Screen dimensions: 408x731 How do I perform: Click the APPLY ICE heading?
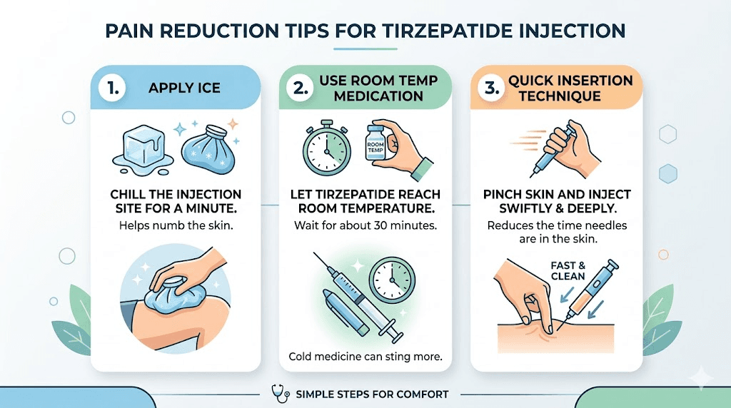tap(183, 88)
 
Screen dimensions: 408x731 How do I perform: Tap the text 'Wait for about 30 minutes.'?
tap(366, 226)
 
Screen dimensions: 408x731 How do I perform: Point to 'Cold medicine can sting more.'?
tap(366, 356)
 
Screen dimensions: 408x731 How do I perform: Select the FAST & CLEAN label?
tap(568, 271)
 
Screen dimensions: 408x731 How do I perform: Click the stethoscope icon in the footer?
tap(279, 394)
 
